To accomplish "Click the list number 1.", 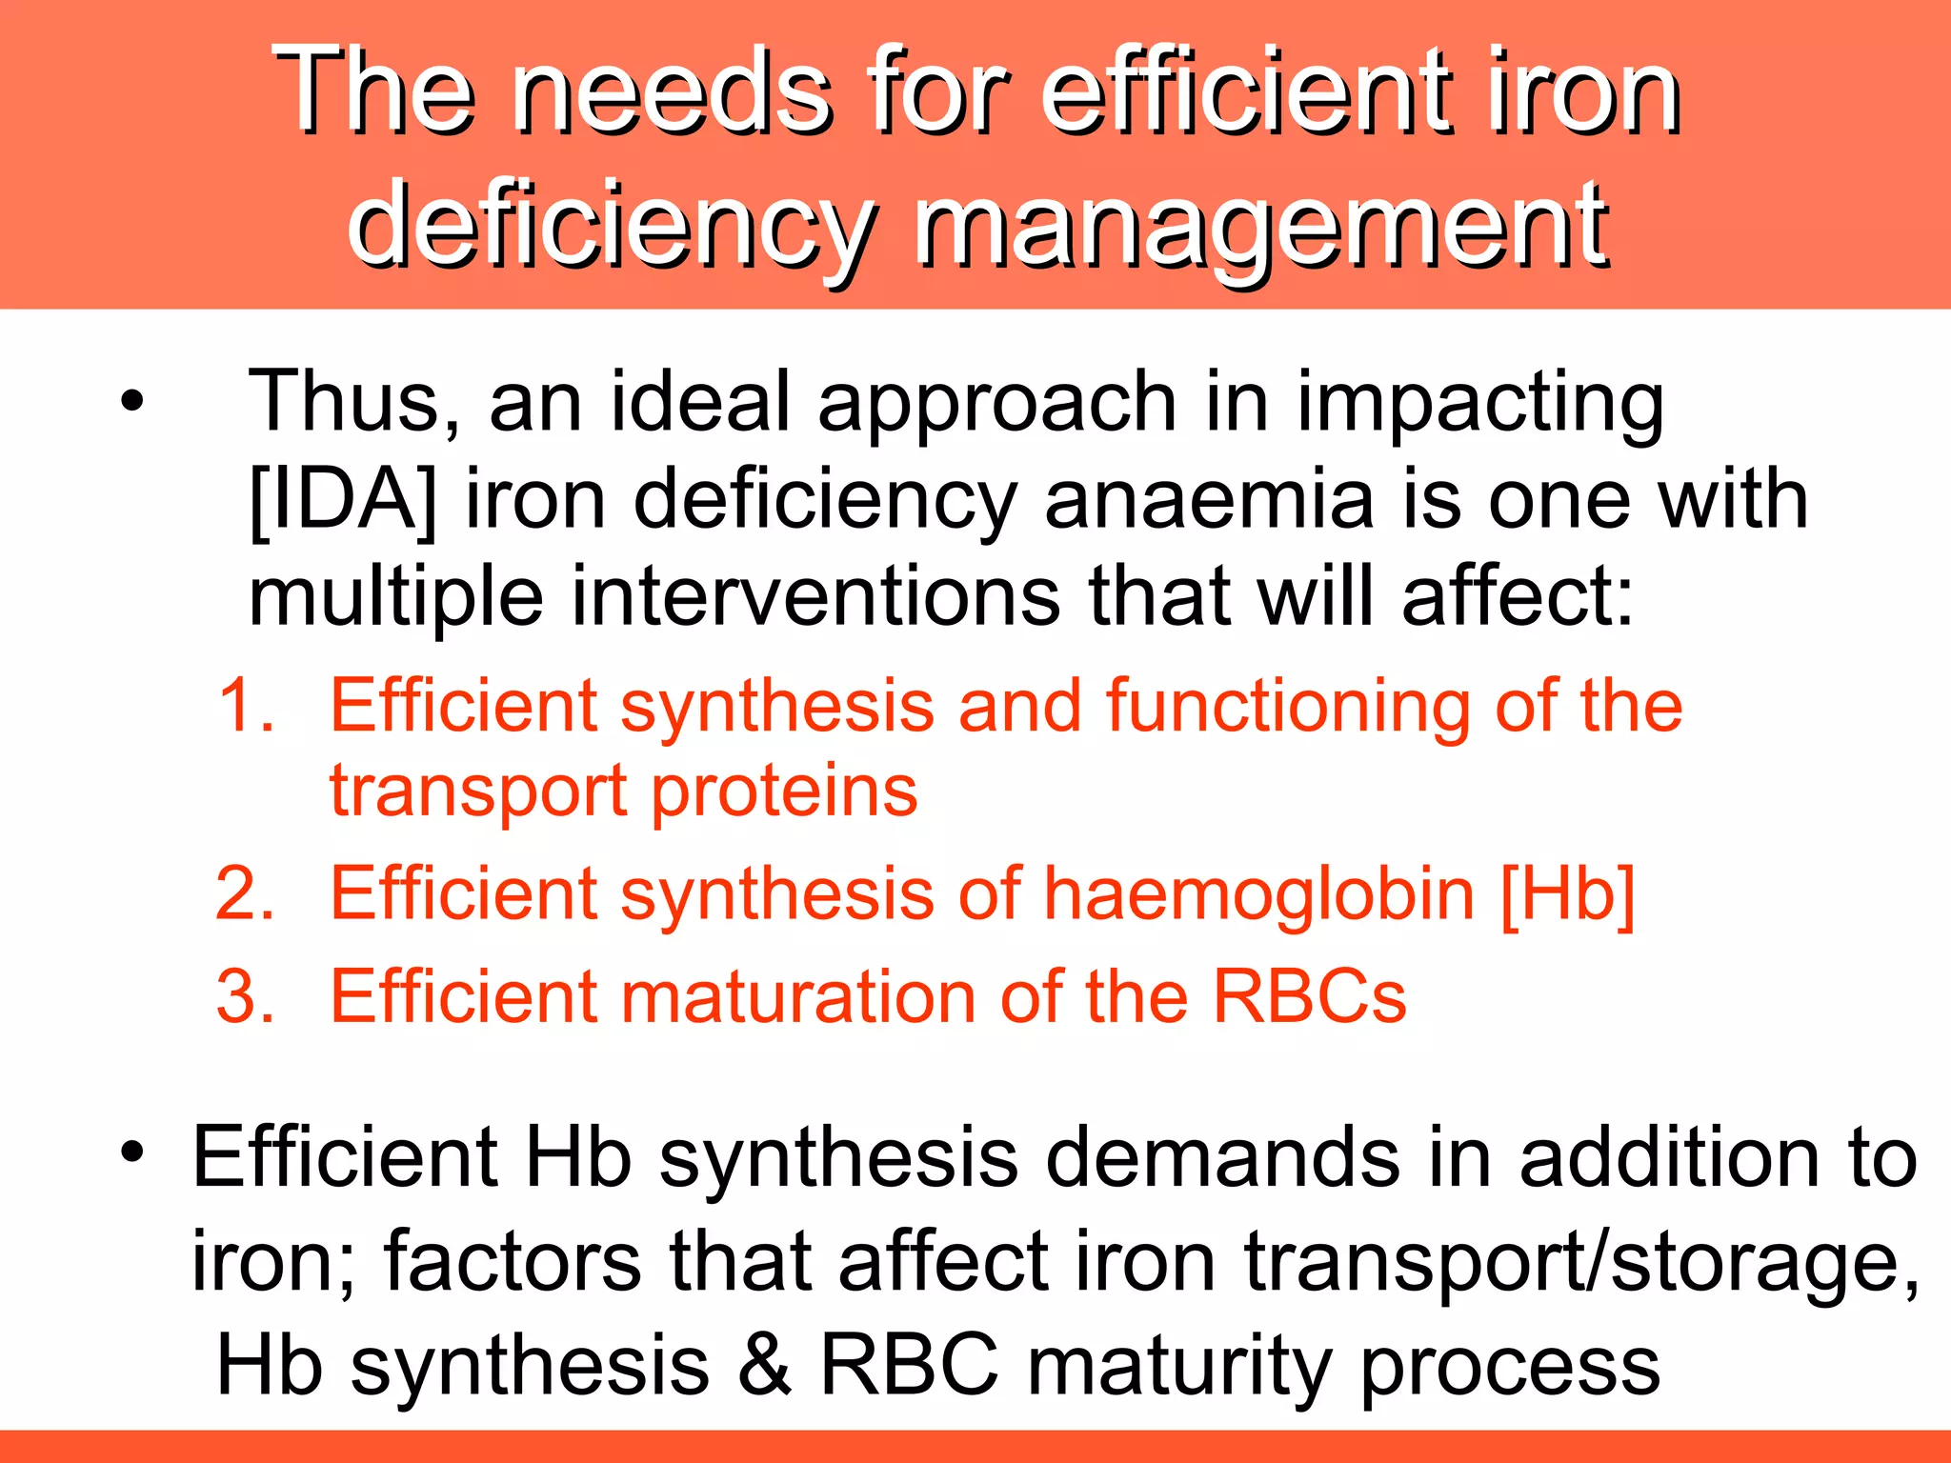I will click(246, 707).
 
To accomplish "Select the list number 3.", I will click(246, 997).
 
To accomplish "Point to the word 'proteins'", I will click(785, 792).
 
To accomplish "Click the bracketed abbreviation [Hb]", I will click(1567, 894).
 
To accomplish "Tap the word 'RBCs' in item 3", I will click(1309, 997).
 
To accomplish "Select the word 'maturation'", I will click(798, 997).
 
